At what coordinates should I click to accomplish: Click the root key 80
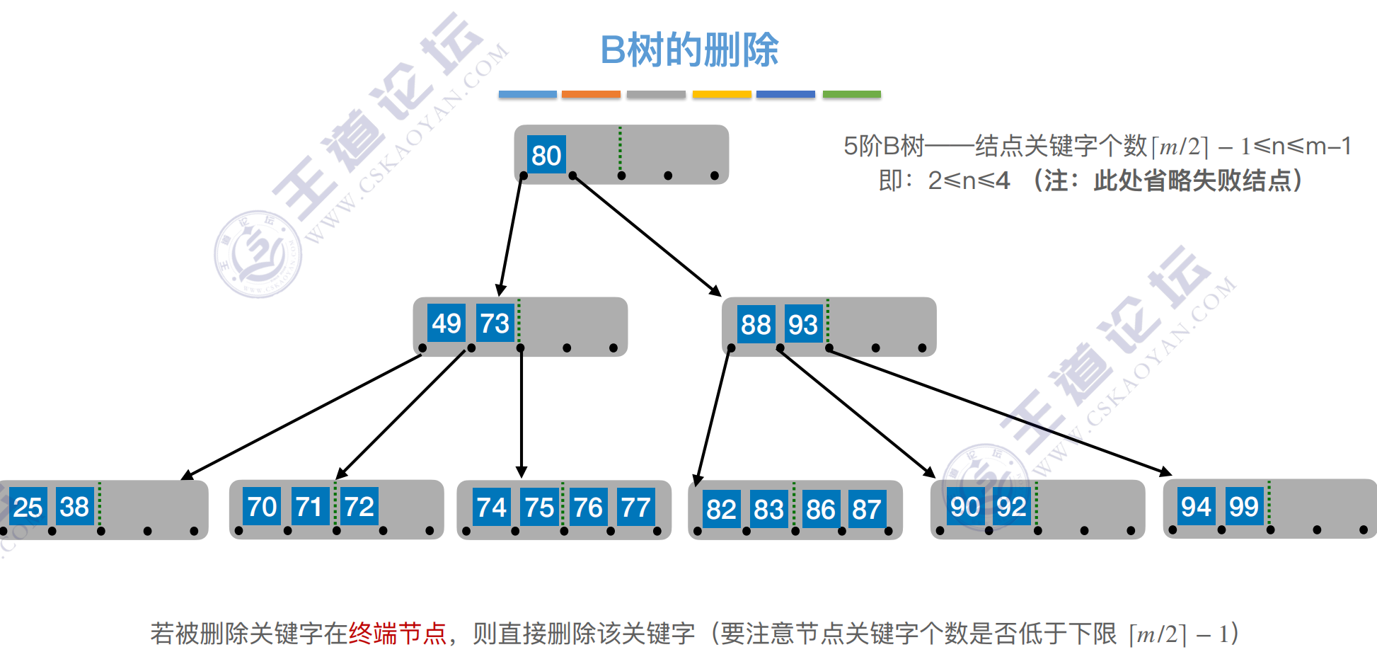[546, 155]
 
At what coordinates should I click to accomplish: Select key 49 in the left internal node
[446, 324]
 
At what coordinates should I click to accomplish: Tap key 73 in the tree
[494, 324]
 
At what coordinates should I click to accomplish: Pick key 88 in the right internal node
[756, 325]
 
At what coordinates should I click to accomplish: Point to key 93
[803, 325]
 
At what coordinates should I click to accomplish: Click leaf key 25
[28, 507]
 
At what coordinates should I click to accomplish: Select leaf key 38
[74, 507]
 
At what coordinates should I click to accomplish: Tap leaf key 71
[309, 507]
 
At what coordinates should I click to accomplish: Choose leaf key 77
[635, 508]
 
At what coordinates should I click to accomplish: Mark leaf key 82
[721, 509]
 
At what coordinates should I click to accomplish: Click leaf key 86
[821, 509]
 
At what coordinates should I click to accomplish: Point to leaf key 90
[965, 507]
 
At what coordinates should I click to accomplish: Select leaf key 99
[1244, 507]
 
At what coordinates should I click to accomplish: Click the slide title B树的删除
[689, 50]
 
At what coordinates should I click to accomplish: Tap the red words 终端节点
[398, 634]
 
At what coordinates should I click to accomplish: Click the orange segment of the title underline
[591, 94]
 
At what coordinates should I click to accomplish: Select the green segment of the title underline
[851, 94]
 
